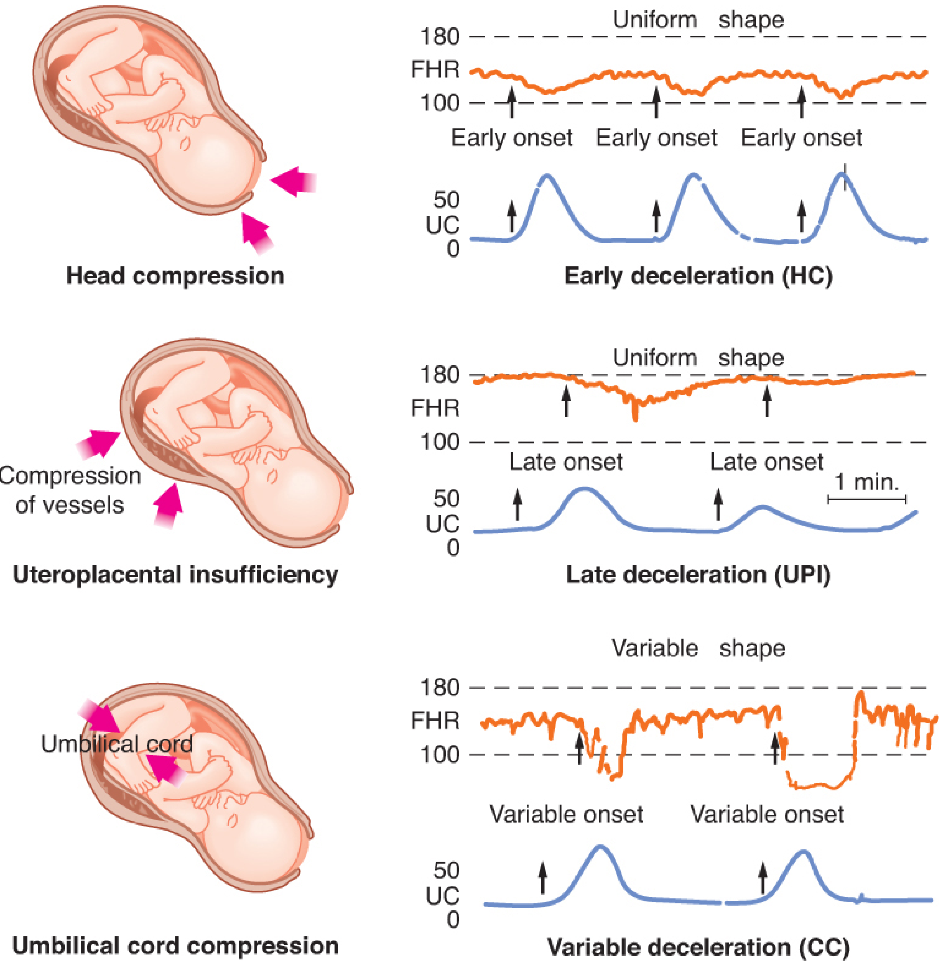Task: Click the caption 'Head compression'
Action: (175, 276)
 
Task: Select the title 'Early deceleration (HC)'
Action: (698, 276)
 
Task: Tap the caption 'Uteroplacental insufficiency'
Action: (175, 575)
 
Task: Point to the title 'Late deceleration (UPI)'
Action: (698, 575)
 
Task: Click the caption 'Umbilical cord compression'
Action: (175, 946)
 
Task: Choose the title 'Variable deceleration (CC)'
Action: (698, 947)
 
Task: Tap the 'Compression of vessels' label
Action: (70, 490)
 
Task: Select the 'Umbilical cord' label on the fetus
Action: (117, 744)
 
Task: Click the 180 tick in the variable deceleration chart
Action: (440, 688)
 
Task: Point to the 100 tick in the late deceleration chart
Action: (440, 442)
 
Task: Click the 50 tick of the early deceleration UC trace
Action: (446, 200)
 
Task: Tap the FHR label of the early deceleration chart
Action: (435, 69)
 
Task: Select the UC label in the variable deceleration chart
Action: (443, 895)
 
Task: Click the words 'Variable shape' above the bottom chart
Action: (698, 648)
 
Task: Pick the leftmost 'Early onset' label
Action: (512, 138)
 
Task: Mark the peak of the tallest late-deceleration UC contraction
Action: (585, 489)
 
